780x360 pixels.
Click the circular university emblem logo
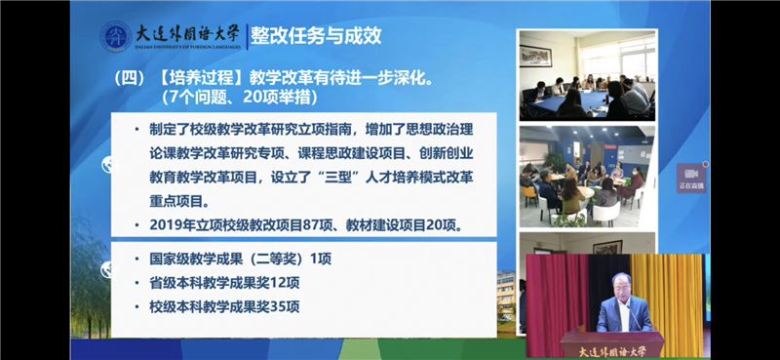116,36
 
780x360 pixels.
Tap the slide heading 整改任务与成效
315,35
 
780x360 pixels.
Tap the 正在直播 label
691,184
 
